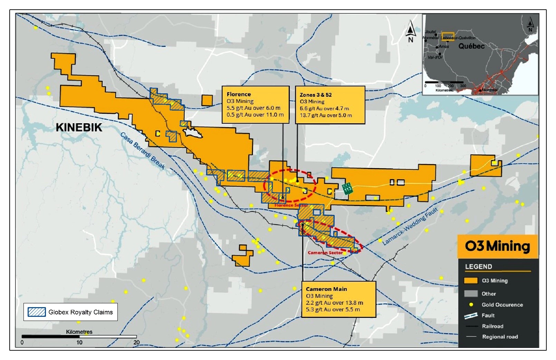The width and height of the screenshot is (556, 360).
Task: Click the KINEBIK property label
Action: tap(79, 127)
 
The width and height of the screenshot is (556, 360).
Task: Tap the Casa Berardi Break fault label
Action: tap(143, 151)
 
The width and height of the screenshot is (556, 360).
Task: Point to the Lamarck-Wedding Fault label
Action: tap(411, 226)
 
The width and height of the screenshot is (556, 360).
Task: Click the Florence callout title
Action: tap(239, 94)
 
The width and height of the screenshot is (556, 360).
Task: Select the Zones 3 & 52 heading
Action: tap(316, 95)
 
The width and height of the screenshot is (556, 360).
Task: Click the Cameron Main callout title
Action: tap(326, 289)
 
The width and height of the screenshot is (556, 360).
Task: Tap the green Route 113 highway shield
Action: tap(347, 189)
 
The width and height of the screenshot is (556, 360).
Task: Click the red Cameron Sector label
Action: tap(325, 253)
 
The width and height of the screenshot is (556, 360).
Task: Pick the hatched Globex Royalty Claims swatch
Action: tap(37, 312)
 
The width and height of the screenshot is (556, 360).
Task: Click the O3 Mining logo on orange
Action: tap(498, 246)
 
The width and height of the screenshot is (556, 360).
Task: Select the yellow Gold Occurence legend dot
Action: tap(471, 305)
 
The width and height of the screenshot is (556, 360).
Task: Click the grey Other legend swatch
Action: tap(471, 294)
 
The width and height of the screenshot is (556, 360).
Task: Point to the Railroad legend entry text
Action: tap(492, 326)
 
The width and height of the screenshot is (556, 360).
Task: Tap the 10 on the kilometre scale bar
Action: tap(79, 342)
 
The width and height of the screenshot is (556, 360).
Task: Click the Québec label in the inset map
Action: tap(471, 46)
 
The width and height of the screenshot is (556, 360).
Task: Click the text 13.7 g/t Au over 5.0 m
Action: tap(326, 115)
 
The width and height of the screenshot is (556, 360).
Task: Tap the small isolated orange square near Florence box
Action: tap(207, 101)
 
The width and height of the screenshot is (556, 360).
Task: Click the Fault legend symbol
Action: tap(471, 315)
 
